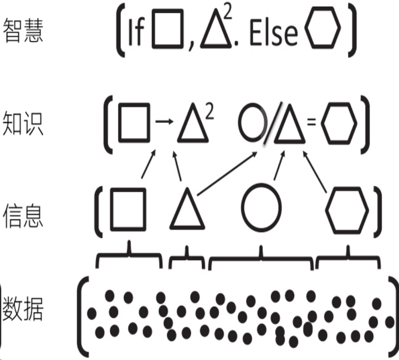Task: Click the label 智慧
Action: tap(23, 32)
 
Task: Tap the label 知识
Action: tap(23, 123)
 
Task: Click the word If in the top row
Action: tap(135, 33)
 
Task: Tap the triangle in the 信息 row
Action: tap(187, 210)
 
